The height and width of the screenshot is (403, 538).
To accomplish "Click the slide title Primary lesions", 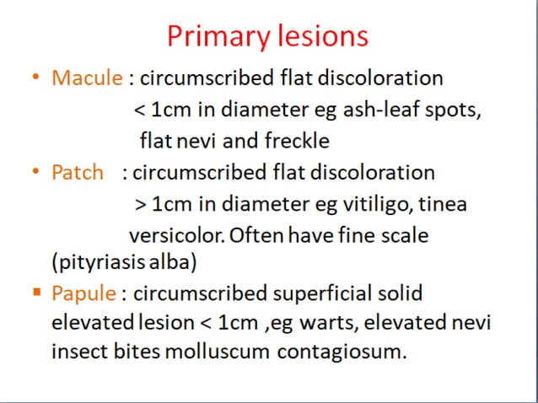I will (x=267, y=35).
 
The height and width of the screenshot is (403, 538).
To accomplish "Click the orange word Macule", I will (x=88, y=78).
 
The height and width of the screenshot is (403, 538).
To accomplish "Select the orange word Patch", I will (x=77, y=173).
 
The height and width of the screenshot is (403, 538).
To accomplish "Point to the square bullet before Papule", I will (x=35, y=293).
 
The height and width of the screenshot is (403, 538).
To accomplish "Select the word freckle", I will (x=295, y=140).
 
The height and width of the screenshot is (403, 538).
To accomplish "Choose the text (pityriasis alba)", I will (x=125, y=262).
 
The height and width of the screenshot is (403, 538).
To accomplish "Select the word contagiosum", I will (x=342, y=351).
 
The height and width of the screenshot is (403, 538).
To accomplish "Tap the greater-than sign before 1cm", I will (x=139, y=204).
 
